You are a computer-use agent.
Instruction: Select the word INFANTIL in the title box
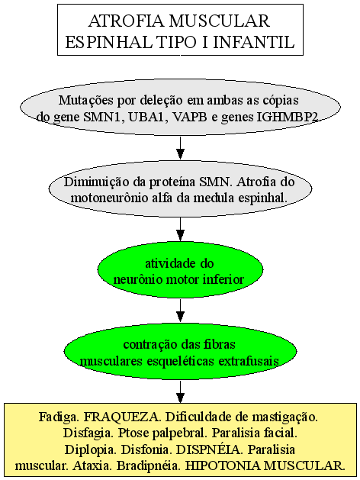click(x=254, y=42)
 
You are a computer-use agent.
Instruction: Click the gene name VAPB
click(x=190, y=117)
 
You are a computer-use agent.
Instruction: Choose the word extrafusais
click(x=249, y=361)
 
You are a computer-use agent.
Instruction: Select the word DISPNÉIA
click(x=208, y=449)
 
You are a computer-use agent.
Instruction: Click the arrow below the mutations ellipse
click(x=181, y=148)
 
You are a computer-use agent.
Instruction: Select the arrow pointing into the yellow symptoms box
click(x=181, y=391)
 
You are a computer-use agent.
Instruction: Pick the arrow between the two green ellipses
click(x=181, y=311)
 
